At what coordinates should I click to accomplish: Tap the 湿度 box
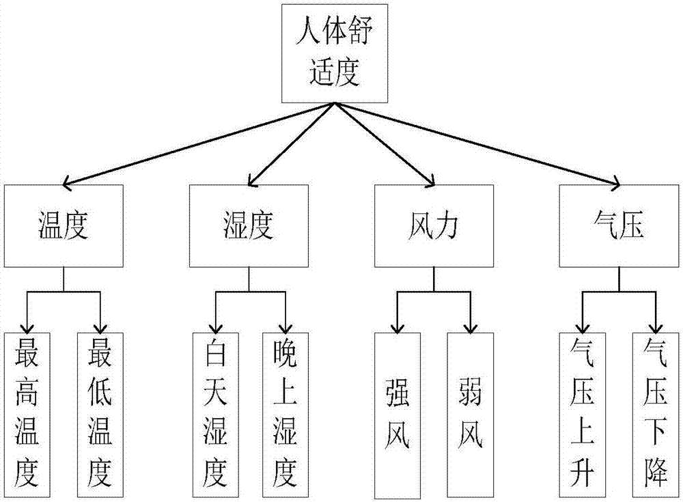click(248, 226)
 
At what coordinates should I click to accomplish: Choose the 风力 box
click(434, 226)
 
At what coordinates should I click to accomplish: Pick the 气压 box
click(619, 226)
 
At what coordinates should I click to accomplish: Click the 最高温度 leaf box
click(28, 414)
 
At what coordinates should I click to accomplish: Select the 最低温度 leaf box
click(100, 414)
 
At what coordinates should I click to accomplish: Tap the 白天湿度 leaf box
click(214, 414)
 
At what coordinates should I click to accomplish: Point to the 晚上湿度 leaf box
click(285, 414)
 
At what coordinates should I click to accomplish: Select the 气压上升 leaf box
click(583, 414)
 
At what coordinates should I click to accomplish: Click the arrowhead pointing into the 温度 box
click(67, 182)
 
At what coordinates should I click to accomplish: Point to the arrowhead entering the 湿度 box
click(253, 180)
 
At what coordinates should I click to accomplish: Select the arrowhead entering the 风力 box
click(430, 180)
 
